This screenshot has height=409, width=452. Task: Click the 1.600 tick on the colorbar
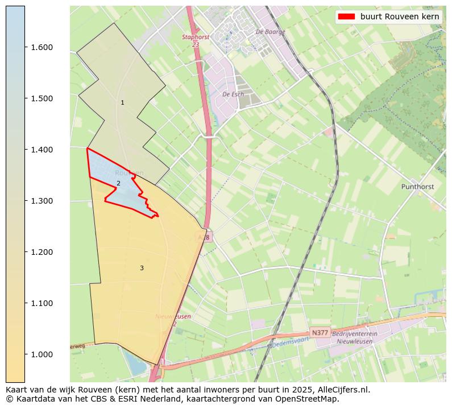(42, 47)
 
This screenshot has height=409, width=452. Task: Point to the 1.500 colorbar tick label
(42, 98)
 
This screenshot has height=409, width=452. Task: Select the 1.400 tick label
(42, 150)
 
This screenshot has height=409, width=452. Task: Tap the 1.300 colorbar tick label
(42, 201)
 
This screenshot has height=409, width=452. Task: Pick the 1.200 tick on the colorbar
(42, 252)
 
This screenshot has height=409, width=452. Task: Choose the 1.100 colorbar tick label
(42, 303)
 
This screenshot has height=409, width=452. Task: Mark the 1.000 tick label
(42, 354)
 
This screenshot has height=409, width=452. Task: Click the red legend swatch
(346, 16)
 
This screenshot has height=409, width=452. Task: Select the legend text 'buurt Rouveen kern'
(400, 16)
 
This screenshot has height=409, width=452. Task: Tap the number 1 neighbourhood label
(122, 102)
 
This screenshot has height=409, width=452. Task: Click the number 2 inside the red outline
(118, 183)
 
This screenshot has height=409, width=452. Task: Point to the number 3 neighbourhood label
(142, 268)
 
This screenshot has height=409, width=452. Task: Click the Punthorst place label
(418, 187)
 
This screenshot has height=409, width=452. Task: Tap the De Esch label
(233, 94)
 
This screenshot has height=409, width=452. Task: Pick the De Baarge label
(270, 32)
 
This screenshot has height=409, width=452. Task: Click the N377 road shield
(320, 333)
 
